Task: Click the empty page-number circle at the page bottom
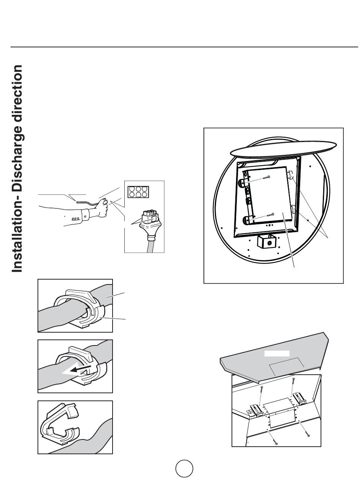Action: pos(184,469)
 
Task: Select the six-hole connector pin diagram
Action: pos(137,192)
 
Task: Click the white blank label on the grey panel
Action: pos(277,353)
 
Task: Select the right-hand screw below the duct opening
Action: pos(308,435)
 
